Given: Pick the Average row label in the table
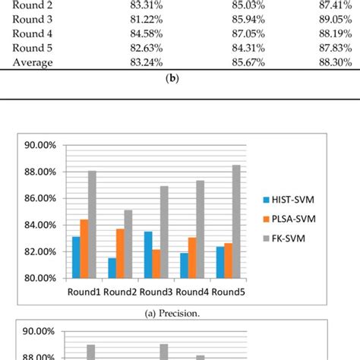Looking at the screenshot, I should [33, 62].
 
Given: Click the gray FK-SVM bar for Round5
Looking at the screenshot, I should [237, 221].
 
